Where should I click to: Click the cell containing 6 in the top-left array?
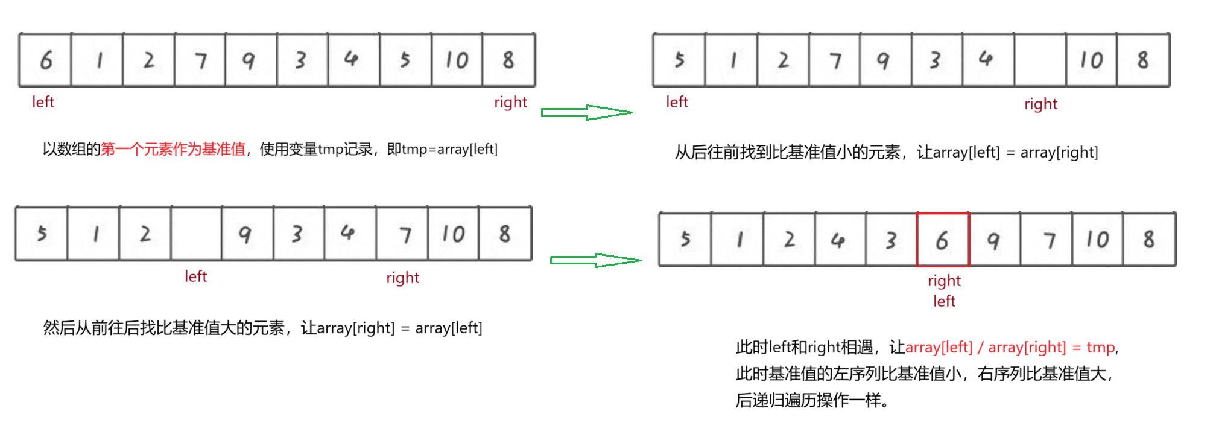tap(45, 60)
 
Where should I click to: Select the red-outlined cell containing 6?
tap(943, 240)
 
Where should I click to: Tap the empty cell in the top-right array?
tap(1040, 60)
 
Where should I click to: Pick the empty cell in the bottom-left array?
tap(196, 234)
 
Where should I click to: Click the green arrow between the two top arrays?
tap(587, 112)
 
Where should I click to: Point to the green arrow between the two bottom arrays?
tap(595, 260)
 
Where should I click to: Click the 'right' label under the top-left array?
tap(510, 102)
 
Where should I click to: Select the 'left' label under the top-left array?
tap(43, 102)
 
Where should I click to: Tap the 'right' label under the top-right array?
tap(1040, 104)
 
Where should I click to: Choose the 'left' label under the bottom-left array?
tap(195, 276)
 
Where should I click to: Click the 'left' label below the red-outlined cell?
tap(944, 301)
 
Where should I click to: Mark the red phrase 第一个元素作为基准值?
tap(173, 149)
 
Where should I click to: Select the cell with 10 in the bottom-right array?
tap(1097, 240)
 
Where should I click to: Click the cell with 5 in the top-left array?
tap(405, 60)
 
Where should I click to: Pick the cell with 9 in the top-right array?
tap(882, 60)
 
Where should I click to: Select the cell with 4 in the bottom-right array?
tap(840, 240)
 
